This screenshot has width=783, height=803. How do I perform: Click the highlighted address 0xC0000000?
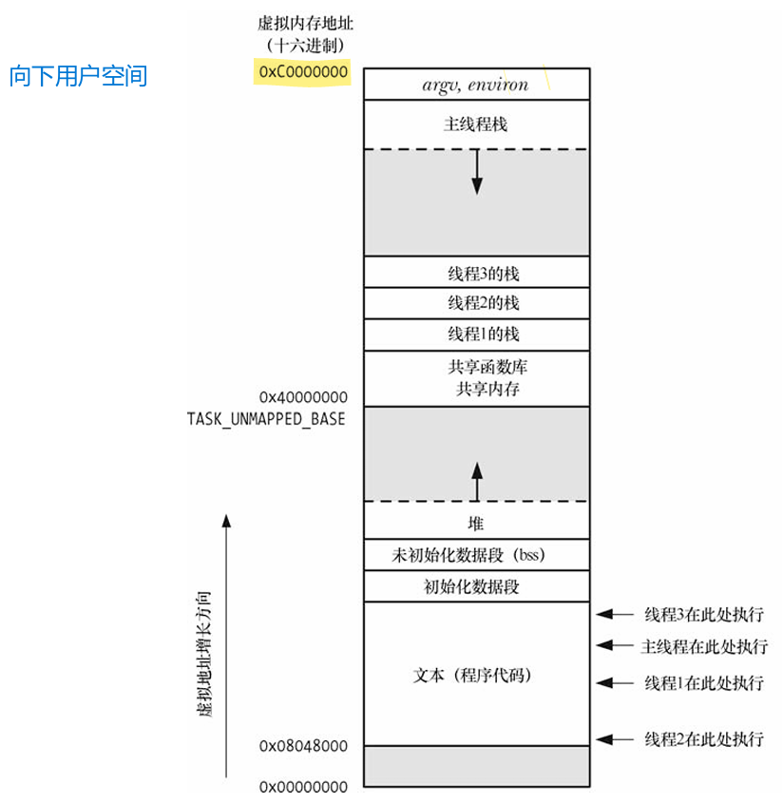[x=303, y=72]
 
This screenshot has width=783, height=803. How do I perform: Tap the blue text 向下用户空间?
[x=79, y=76]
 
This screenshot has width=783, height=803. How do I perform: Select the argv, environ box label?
[x=475, y=84]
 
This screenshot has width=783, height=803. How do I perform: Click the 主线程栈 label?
[x=476, y=124]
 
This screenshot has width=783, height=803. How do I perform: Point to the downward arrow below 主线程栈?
[x=477, y=172]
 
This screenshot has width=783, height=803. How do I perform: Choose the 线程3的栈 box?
[x=476, y=273]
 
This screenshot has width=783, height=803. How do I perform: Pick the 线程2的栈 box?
[x=476, y=303]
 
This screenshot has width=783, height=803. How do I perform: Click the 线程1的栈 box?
[x=476, y=335]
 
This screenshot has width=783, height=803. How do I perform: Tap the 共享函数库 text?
[x=476, y=367]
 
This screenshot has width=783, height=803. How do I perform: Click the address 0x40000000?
[x=303, y=397]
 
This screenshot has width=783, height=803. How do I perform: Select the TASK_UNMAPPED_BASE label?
[x=267, y=418]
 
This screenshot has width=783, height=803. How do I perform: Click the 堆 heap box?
[x=476, y=524]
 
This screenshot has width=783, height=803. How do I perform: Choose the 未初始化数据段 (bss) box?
[x=476, y=554]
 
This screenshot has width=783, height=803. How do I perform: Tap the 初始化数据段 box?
[x=476, y=586]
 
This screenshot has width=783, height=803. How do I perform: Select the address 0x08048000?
[x=303, y=747]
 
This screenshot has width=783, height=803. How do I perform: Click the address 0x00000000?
[x=303, y=787]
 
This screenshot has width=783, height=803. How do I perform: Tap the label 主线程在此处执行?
[x=704, y=646]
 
